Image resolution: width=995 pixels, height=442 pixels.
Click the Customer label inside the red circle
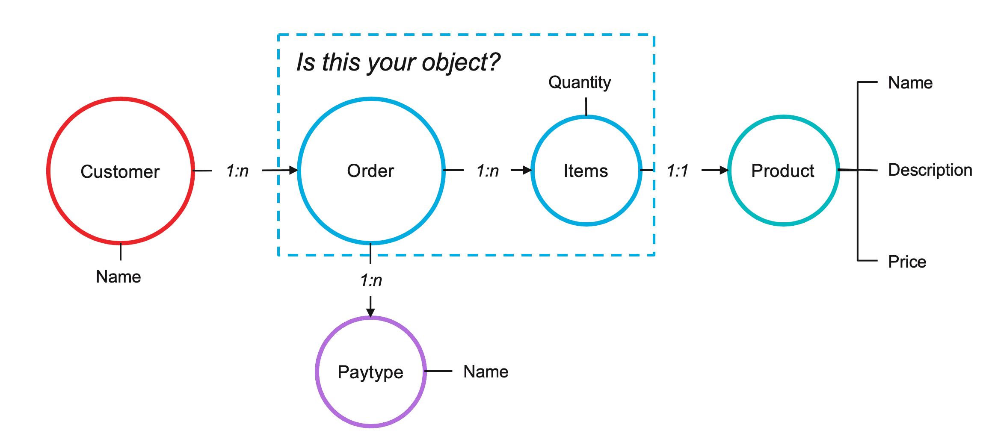120,171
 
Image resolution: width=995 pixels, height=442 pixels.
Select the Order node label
370,171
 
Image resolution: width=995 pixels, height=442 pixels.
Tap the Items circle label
586,171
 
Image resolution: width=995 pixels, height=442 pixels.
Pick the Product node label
783,171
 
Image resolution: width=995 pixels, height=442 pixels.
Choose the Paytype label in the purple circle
370,372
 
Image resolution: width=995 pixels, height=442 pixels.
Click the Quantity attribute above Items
580,83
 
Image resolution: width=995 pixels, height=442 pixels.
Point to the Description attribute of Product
930,170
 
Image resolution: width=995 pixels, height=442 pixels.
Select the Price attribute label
907,262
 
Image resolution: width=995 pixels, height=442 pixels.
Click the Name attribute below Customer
118,277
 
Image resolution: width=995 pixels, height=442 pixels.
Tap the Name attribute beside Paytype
486,371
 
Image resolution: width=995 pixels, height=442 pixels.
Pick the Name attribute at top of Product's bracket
910,83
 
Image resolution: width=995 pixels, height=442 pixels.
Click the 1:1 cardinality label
678,171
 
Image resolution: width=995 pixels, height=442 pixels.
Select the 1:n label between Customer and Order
237,171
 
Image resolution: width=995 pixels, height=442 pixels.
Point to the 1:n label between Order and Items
488,171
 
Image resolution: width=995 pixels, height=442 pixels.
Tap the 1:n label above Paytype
371,280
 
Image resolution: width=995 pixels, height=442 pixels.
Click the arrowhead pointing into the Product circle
724,170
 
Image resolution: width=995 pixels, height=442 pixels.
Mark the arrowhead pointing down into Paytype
370,312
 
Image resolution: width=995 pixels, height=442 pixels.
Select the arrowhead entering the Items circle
527,170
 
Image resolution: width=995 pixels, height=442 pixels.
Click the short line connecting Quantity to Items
586,106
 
